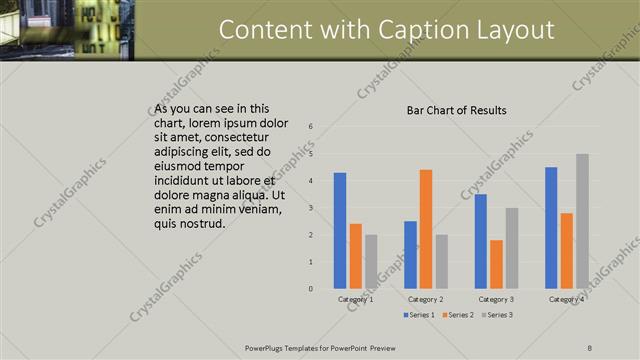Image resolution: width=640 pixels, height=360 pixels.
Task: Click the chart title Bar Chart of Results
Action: (x=456, y=110)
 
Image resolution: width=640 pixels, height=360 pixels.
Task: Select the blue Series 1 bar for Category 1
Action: (x=340, y=231)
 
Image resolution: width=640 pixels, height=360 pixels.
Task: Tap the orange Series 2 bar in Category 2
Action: (x=426, y=229)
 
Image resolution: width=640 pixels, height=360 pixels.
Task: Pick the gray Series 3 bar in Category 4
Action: (x=582, y=221)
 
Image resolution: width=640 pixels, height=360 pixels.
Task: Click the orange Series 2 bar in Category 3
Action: (x=496, y=264)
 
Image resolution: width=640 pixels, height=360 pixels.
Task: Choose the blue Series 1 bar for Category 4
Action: (x=551, y=228)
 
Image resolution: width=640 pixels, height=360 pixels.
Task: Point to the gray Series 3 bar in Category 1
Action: (x=371, y=262)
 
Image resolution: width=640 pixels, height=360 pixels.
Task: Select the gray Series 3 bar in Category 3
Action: (x=511, y=248)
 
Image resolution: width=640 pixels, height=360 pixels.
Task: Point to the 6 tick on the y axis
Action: (x=311, y=127)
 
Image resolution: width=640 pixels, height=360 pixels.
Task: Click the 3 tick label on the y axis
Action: (x=311, y=208)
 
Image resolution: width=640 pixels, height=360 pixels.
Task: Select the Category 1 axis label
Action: (x=356, y=299)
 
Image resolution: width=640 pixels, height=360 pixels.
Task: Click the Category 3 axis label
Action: (x=496, y=299)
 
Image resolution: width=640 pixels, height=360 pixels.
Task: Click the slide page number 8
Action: (x=590, y=347)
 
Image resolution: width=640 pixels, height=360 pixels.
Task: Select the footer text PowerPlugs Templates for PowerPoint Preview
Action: (x=320, y=347)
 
